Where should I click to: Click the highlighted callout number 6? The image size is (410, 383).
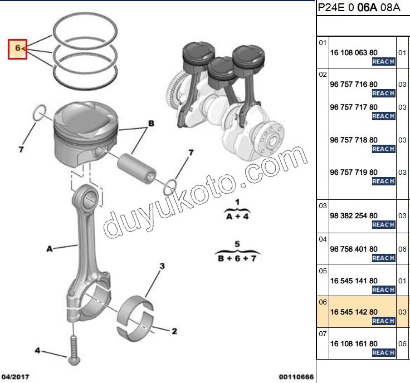tap(18, 49)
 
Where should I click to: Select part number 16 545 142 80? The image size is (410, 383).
tap(354, 312)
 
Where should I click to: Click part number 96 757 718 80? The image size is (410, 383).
tap(354, 140)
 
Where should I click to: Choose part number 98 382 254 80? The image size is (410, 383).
tap(354, 215)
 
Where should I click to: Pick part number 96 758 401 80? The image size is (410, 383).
tap(354, 249)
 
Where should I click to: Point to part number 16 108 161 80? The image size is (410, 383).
tap(354, 344)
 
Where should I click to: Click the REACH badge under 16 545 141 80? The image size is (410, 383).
tap(383, 289)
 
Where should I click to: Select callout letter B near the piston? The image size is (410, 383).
tap(150, 123)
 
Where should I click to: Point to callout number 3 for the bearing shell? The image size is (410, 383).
tap(162, 267)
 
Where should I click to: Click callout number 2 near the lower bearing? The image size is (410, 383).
tap(174, 332)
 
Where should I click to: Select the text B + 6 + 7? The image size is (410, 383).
tap(237, 258)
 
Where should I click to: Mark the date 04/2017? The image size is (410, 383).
tap(14, 377)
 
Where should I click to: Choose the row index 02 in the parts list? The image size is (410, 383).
tap(323, 73)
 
